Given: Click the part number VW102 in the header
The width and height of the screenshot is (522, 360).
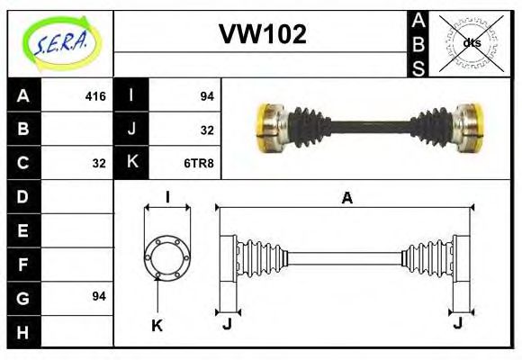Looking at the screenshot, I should pos(263,35).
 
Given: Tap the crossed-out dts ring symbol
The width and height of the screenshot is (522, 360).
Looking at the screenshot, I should pos(470,42).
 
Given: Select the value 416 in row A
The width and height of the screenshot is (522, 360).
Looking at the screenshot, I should pos(95,95).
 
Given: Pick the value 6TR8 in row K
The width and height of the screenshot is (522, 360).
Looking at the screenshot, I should pos(199,163).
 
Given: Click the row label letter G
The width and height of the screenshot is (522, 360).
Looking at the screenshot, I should pos(23,297).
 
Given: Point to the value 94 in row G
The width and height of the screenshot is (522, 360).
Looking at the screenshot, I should pos(99,296).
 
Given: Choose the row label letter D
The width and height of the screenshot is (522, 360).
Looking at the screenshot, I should pos(23,196).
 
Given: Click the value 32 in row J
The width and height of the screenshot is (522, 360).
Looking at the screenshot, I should pos(206,130).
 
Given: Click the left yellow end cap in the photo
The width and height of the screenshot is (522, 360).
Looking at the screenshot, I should pos(266,127).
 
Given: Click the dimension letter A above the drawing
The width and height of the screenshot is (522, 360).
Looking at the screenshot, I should pos(346,199).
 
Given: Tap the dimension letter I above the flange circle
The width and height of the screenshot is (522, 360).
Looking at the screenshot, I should pos(167,198).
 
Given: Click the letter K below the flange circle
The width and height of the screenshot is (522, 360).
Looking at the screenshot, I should pos(157,326).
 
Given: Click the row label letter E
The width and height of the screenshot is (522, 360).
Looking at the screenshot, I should pos(23,230).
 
